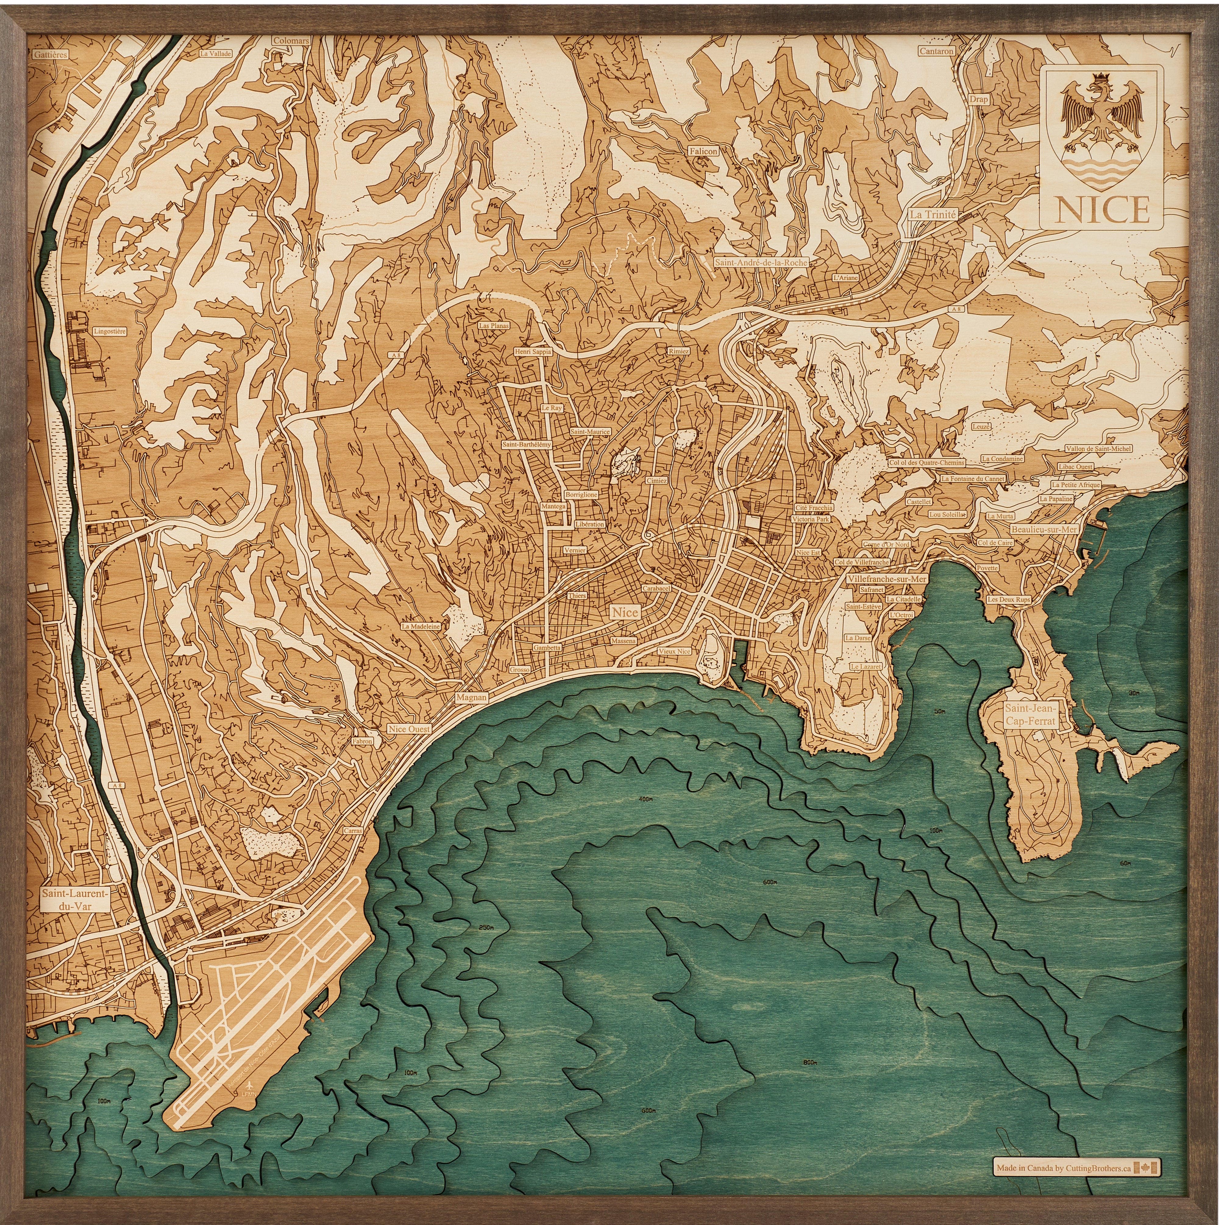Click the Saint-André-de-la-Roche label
click(760, 262)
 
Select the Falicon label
click(703, 151)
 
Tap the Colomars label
click(291, 41)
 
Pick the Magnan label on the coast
click(471, 697)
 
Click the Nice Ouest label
click(409, 729)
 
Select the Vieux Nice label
click(674, 651)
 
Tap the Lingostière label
click(110, 331)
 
